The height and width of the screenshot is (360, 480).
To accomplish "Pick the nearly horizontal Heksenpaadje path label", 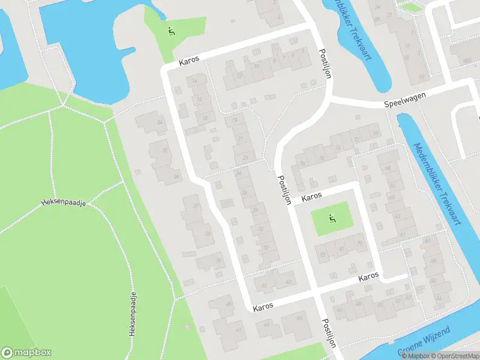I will (64, 203).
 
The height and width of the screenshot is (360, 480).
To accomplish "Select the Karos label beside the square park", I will (312, 197).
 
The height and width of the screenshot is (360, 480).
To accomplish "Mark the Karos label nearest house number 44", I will (263, 306).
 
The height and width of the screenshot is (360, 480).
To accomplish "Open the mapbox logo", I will (26, 352).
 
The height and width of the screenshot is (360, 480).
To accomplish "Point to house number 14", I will (194, 81).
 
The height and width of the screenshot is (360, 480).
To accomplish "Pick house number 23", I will (245, 158).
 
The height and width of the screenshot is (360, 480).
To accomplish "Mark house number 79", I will (359, 243).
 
